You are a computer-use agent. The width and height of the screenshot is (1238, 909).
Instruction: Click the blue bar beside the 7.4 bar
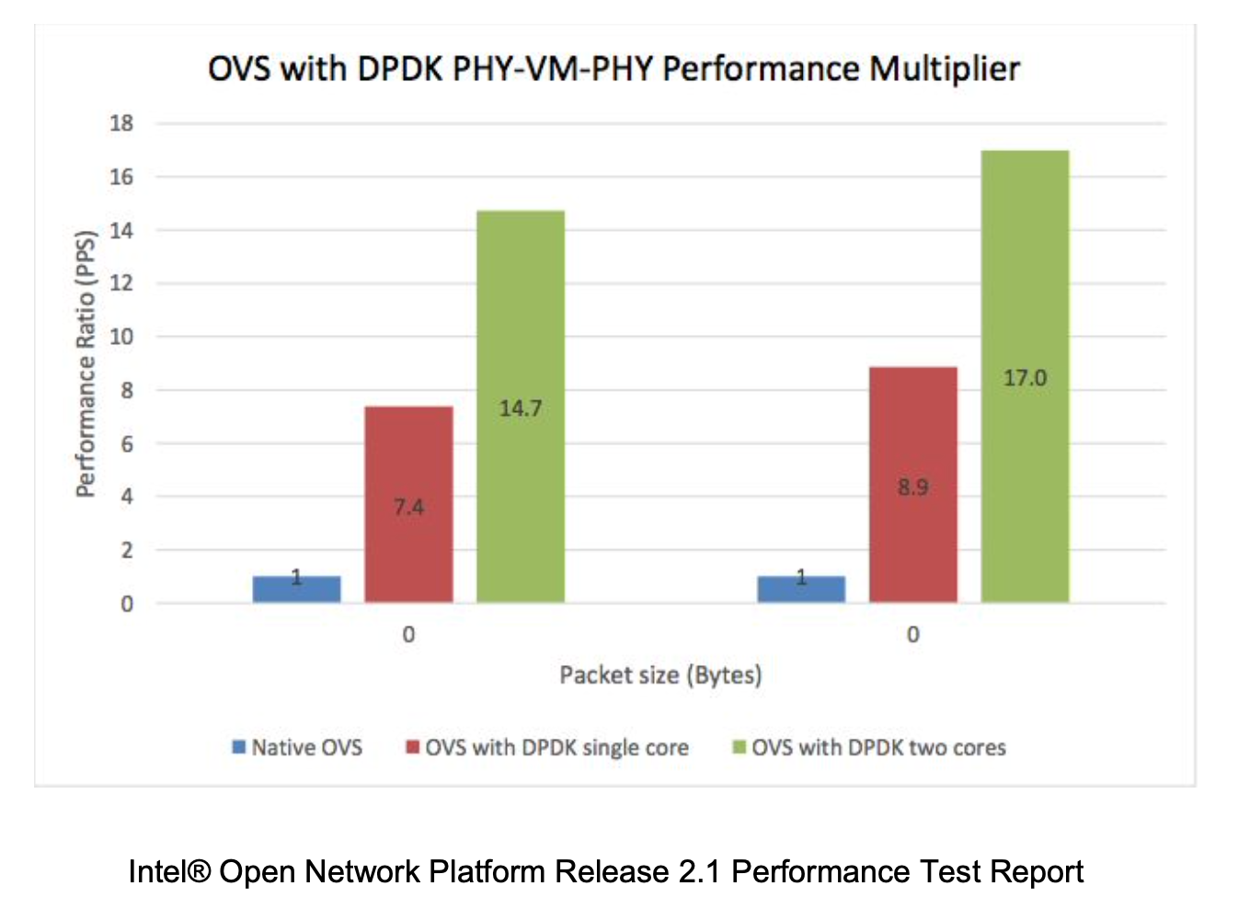(296, 590)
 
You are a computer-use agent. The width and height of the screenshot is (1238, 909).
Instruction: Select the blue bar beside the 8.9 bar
(800, 590)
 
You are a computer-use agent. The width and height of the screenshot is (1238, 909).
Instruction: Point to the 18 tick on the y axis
(121, 123)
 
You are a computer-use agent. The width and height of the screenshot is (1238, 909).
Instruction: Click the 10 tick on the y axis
(121, 337)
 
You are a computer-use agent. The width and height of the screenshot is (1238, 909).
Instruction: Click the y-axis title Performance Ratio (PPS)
(86, 363)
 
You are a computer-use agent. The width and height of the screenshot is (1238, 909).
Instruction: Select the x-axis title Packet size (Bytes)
(660, 675)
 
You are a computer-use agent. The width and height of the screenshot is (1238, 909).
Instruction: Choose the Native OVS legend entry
(297, 747)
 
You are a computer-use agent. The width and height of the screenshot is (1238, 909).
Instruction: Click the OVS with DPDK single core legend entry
(547, 747)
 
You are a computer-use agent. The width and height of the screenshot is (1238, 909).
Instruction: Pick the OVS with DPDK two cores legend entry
(869, 747)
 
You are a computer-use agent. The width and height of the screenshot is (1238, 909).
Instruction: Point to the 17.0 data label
(1025, 378)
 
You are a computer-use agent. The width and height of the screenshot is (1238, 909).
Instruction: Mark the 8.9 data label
(912, 487)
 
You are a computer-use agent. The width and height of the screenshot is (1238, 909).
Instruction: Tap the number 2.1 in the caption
(699, 871)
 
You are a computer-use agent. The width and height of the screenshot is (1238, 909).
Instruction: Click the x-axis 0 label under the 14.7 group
(408, 635)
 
